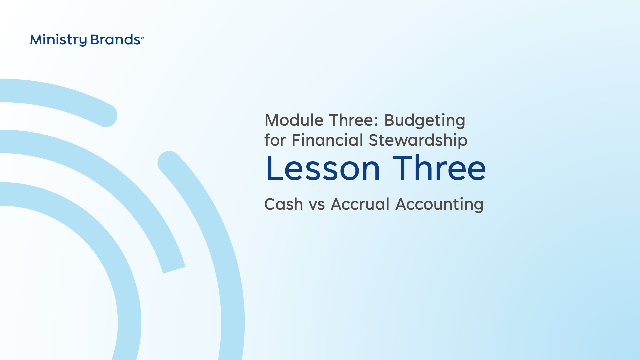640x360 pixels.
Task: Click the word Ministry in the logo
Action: coord(58,40)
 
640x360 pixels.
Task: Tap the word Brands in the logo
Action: coord(115,40)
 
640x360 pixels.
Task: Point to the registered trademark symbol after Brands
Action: coord(142,38)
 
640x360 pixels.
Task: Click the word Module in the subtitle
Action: coord(294,120)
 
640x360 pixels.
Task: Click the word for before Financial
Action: coord(275,140)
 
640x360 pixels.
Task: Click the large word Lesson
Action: coord(323,168)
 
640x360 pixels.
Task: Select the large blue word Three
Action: coord(439,168)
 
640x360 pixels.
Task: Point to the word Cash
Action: coord(283,204)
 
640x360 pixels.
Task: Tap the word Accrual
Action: coord(360,204)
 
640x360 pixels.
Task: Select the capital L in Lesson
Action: coord(275,168)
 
